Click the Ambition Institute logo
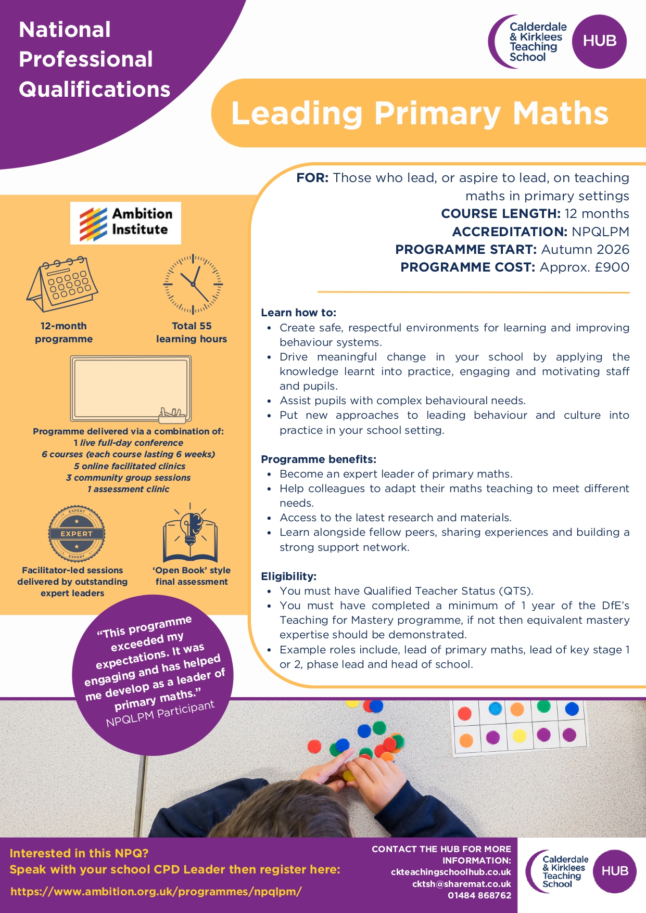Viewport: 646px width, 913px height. click(125, 223)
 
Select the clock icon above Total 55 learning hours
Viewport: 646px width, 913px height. click(193, 284)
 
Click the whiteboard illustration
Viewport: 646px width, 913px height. click(131, 389)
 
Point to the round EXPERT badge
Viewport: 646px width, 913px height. click(77, 534)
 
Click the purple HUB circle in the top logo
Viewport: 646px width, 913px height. click(599, 41)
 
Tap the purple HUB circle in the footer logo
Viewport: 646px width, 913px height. click(614, 871)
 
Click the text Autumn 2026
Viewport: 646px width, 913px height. click(585, 250)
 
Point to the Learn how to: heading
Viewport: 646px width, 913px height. click(299, 313)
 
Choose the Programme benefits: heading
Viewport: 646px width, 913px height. click(319, 459)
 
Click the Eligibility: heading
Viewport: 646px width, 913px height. click(288, 576)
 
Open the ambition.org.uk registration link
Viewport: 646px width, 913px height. click(156, 891)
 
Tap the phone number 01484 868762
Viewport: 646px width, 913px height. click(479, 895)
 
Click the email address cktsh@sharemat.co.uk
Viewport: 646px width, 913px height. click(461, 884)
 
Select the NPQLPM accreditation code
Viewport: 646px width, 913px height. click(600, 232)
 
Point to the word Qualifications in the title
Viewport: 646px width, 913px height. click(95, 89)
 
